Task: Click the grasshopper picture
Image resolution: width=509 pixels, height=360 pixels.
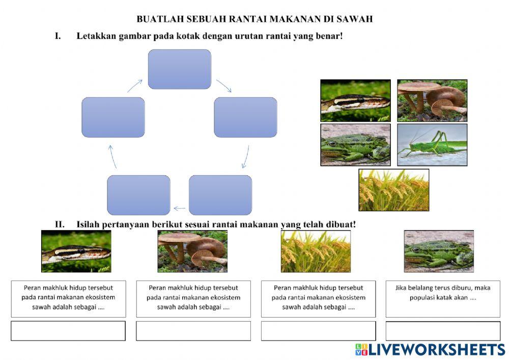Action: [x=432, y=145]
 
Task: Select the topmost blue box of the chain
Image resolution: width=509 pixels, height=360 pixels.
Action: [x=179, y=69]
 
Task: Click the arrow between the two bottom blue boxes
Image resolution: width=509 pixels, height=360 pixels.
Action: [x=179, y=208]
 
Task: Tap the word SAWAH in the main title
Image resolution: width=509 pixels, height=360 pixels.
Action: [x=355, y=19]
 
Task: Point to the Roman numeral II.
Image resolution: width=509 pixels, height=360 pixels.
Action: [x=62, y=224]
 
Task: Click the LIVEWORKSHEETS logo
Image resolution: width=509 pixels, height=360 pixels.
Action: [x=430, y=349]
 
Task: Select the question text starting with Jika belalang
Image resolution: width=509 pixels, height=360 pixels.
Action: [x=442, y=293]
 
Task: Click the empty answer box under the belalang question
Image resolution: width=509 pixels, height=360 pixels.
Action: [x=443, y=331]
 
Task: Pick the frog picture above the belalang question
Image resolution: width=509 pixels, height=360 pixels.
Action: [x=439, y=251]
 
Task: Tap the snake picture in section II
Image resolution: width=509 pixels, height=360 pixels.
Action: [x=76, y=251]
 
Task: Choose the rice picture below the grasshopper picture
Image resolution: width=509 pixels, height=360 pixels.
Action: [x=393, y=190]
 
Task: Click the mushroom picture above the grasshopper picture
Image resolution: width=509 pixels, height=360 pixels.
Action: [x=432, y=100]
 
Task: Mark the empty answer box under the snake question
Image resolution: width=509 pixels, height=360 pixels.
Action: [x=68, y=331]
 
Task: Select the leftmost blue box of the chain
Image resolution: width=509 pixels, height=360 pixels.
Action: [x=113, y=118]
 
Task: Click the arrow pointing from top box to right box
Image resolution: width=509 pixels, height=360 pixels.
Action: [x=224, y=86]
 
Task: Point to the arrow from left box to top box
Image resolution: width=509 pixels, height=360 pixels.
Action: [x=135, y=86]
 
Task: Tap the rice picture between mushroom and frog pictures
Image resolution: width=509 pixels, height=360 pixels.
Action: [x=316, y=251]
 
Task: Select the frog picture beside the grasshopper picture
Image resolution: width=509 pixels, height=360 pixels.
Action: [x=355, y=145]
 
